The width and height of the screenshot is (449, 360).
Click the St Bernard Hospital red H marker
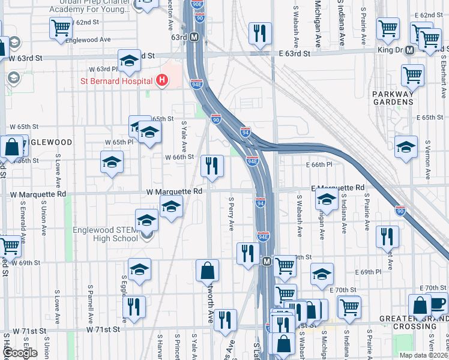point(161,80)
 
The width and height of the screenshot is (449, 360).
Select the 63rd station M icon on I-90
point(194,37)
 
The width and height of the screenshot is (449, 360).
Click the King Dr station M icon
point(409,50)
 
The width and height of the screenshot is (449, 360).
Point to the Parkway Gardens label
point(393,98)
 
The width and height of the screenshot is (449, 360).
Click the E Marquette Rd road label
point(338,188)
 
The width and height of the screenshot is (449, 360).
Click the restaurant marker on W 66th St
point(211,165)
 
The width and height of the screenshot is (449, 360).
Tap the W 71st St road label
point(103,329)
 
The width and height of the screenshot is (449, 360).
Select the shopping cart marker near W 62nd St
point(61,27)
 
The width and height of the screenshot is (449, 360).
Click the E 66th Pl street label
point(319,164)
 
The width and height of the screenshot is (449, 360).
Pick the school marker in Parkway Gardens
point(406,146)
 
